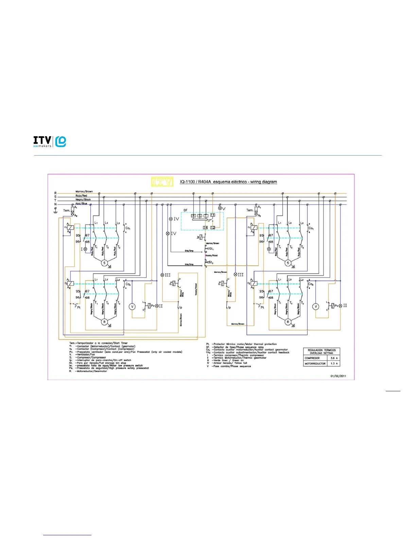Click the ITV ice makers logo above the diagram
pyautogui.click(x=50, y=141)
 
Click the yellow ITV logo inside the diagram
pyautogui.click(x=162, y=182)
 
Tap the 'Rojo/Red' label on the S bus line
pyautogui.click(x=81, y=196)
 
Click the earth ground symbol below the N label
pyautogui.click(x=55, y=210)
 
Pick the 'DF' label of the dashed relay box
pyautogui.click(x=185, y=210)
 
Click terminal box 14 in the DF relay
pyautogui.click(x=205, y=227)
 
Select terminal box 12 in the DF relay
pyautogui.click(x=213, y=227)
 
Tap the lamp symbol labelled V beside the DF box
pyautogui.click(x=220, y=208)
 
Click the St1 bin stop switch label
pyautogui.click(x=211, y=249)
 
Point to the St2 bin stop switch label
pyautogui.click(x=211, y=263)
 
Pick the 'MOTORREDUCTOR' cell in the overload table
pyautogui.click(x=315, y=363)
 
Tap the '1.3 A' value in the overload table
pyautogui.click(x=334, y=363)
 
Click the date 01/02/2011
pyautogui.click(x=338, y=376)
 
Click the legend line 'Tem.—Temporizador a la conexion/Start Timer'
pyautogui.click(x=99, y=343)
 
